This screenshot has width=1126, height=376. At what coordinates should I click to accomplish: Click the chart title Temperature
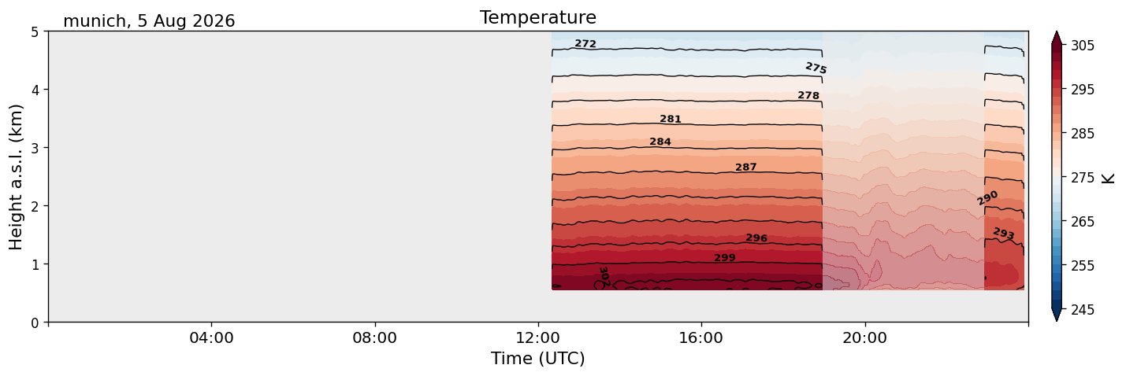(538, 17)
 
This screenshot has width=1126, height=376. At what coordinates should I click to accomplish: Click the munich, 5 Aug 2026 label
(149, 21)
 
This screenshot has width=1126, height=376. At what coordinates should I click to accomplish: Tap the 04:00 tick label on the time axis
(211, 337)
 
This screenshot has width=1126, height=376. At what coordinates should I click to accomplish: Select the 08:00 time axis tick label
(374, 337)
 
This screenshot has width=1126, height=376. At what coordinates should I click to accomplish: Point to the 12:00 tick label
(538, 337)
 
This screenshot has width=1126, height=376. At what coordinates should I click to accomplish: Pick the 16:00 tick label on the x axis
(701, 337)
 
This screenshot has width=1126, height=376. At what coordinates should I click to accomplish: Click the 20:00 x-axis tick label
(864, 337)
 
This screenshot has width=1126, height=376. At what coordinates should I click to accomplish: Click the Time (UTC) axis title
(538, 359)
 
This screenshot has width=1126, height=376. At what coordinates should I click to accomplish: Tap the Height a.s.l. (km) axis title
(16, 177)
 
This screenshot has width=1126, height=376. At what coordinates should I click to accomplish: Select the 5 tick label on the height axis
(35, 32)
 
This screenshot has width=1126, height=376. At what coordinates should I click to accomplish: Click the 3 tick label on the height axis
(35, 148)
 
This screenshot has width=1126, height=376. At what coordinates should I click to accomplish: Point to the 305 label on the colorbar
(1083, 46)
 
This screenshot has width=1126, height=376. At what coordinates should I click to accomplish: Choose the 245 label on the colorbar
(1083, 310)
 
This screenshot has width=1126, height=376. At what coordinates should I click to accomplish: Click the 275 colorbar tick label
(1083, 178)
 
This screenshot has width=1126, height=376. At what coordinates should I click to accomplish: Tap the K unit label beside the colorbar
(1108, 179)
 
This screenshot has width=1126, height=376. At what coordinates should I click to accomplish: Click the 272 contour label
(585, 44)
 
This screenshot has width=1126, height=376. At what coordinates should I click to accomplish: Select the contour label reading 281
(671, 119)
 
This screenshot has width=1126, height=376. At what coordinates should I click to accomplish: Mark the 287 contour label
(746, 168)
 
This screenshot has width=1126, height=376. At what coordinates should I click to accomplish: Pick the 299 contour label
(725, 257)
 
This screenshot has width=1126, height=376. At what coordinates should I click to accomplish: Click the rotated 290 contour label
(987, 198)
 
